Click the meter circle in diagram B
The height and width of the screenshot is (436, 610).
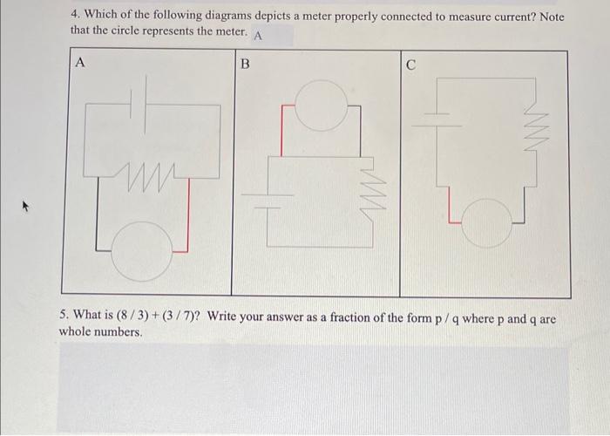[x=320, y=106]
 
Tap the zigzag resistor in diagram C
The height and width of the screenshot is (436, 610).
[x=528, y=131]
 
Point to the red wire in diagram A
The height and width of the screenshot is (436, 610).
[x=186, y=218]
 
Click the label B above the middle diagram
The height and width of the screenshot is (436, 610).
[x=245, y=63]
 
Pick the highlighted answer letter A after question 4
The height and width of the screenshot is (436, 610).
[x=259, y=35]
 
